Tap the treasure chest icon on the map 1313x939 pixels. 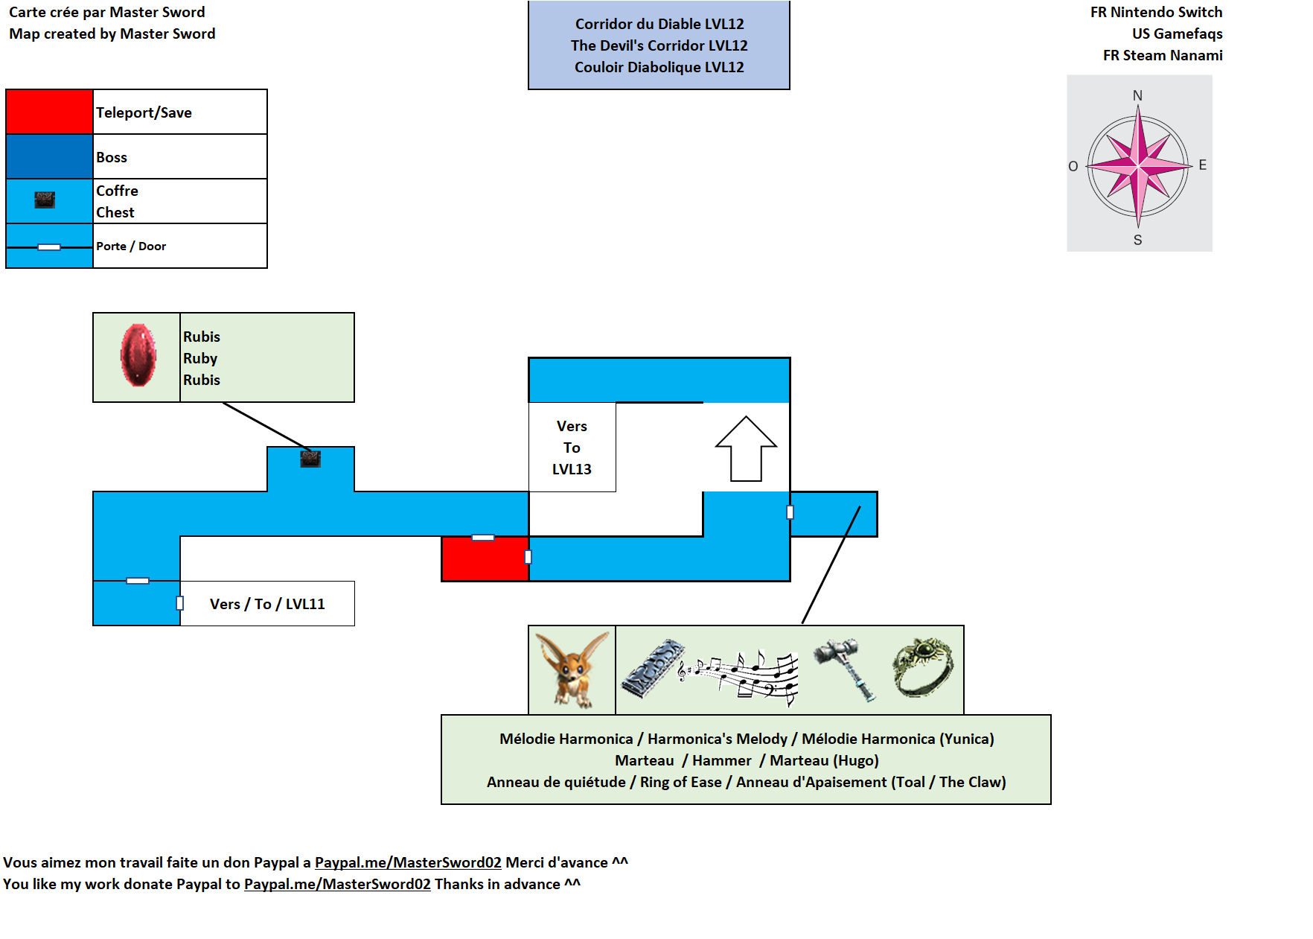coord(310,459)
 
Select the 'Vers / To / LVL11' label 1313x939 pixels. coord(267,604)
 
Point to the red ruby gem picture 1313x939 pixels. coord(138,356)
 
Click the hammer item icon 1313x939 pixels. coord(846,669)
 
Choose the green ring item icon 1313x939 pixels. coord(923,666)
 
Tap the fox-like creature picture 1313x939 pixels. coord(572,669)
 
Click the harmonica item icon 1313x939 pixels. coord(653,668)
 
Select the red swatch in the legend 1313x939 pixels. coord(49,112)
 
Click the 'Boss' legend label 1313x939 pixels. coord(112,157)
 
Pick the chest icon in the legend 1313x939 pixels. coord(45,200)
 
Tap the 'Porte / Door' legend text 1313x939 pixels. coord(131,246)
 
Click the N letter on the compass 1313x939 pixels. coord(1137,95)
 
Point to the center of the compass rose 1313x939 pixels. coord(1138,165)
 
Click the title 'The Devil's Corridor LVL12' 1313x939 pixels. coord(659,45)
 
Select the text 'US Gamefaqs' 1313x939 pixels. coord(1177,34)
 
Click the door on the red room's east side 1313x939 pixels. coord(528,556)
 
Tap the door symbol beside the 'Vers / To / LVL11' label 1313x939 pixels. coord(179,603)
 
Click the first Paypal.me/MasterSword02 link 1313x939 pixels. coord(408,862)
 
